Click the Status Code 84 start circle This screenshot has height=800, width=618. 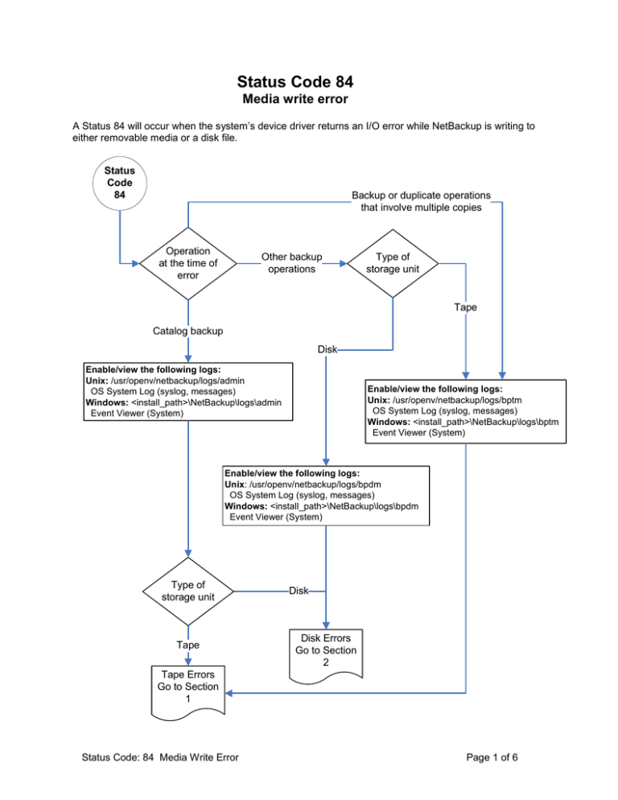pos(119,184)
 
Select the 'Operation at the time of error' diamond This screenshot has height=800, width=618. pos(187,263)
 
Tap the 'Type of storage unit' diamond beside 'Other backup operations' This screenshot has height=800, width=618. pos(393,263)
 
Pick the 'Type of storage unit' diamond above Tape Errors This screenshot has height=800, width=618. pos(187,592)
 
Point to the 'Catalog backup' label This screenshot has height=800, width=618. pos(187,331)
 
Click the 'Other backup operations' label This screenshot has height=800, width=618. pos(292,262)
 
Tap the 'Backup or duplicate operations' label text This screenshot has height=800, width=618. pos(421,196)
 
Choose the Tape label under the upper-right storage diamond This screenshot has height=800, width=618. pos(465,307)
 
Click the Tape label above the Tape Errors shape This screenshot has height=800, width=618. pos(187,645)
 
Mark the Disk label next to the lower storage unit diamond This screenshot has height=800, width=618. pos(299,591)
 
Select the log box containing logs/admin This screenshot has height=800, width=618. pos(187,392)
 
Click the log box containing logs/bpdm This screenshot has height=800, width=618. pos(326,496)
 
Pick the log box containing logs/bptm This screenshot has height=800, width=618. pos(465,411)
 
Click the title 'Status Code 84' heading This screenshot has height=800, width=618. pos(295,81)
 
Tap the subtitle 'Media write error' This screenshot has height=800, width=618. pos(295,99)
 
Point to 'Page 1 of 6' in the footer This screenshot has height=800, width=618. pos(492,757)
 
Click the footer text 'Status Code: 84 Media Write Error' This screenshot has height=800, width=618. pos(160,757)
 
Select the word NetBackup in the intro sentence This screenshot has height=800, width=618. pos(457,126)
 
